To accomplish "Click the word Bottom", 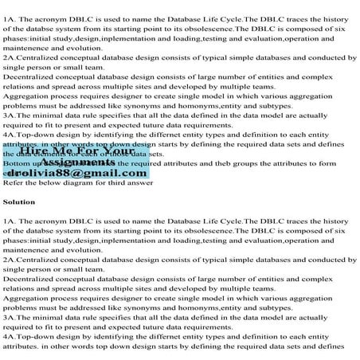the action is click(17, 161).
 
